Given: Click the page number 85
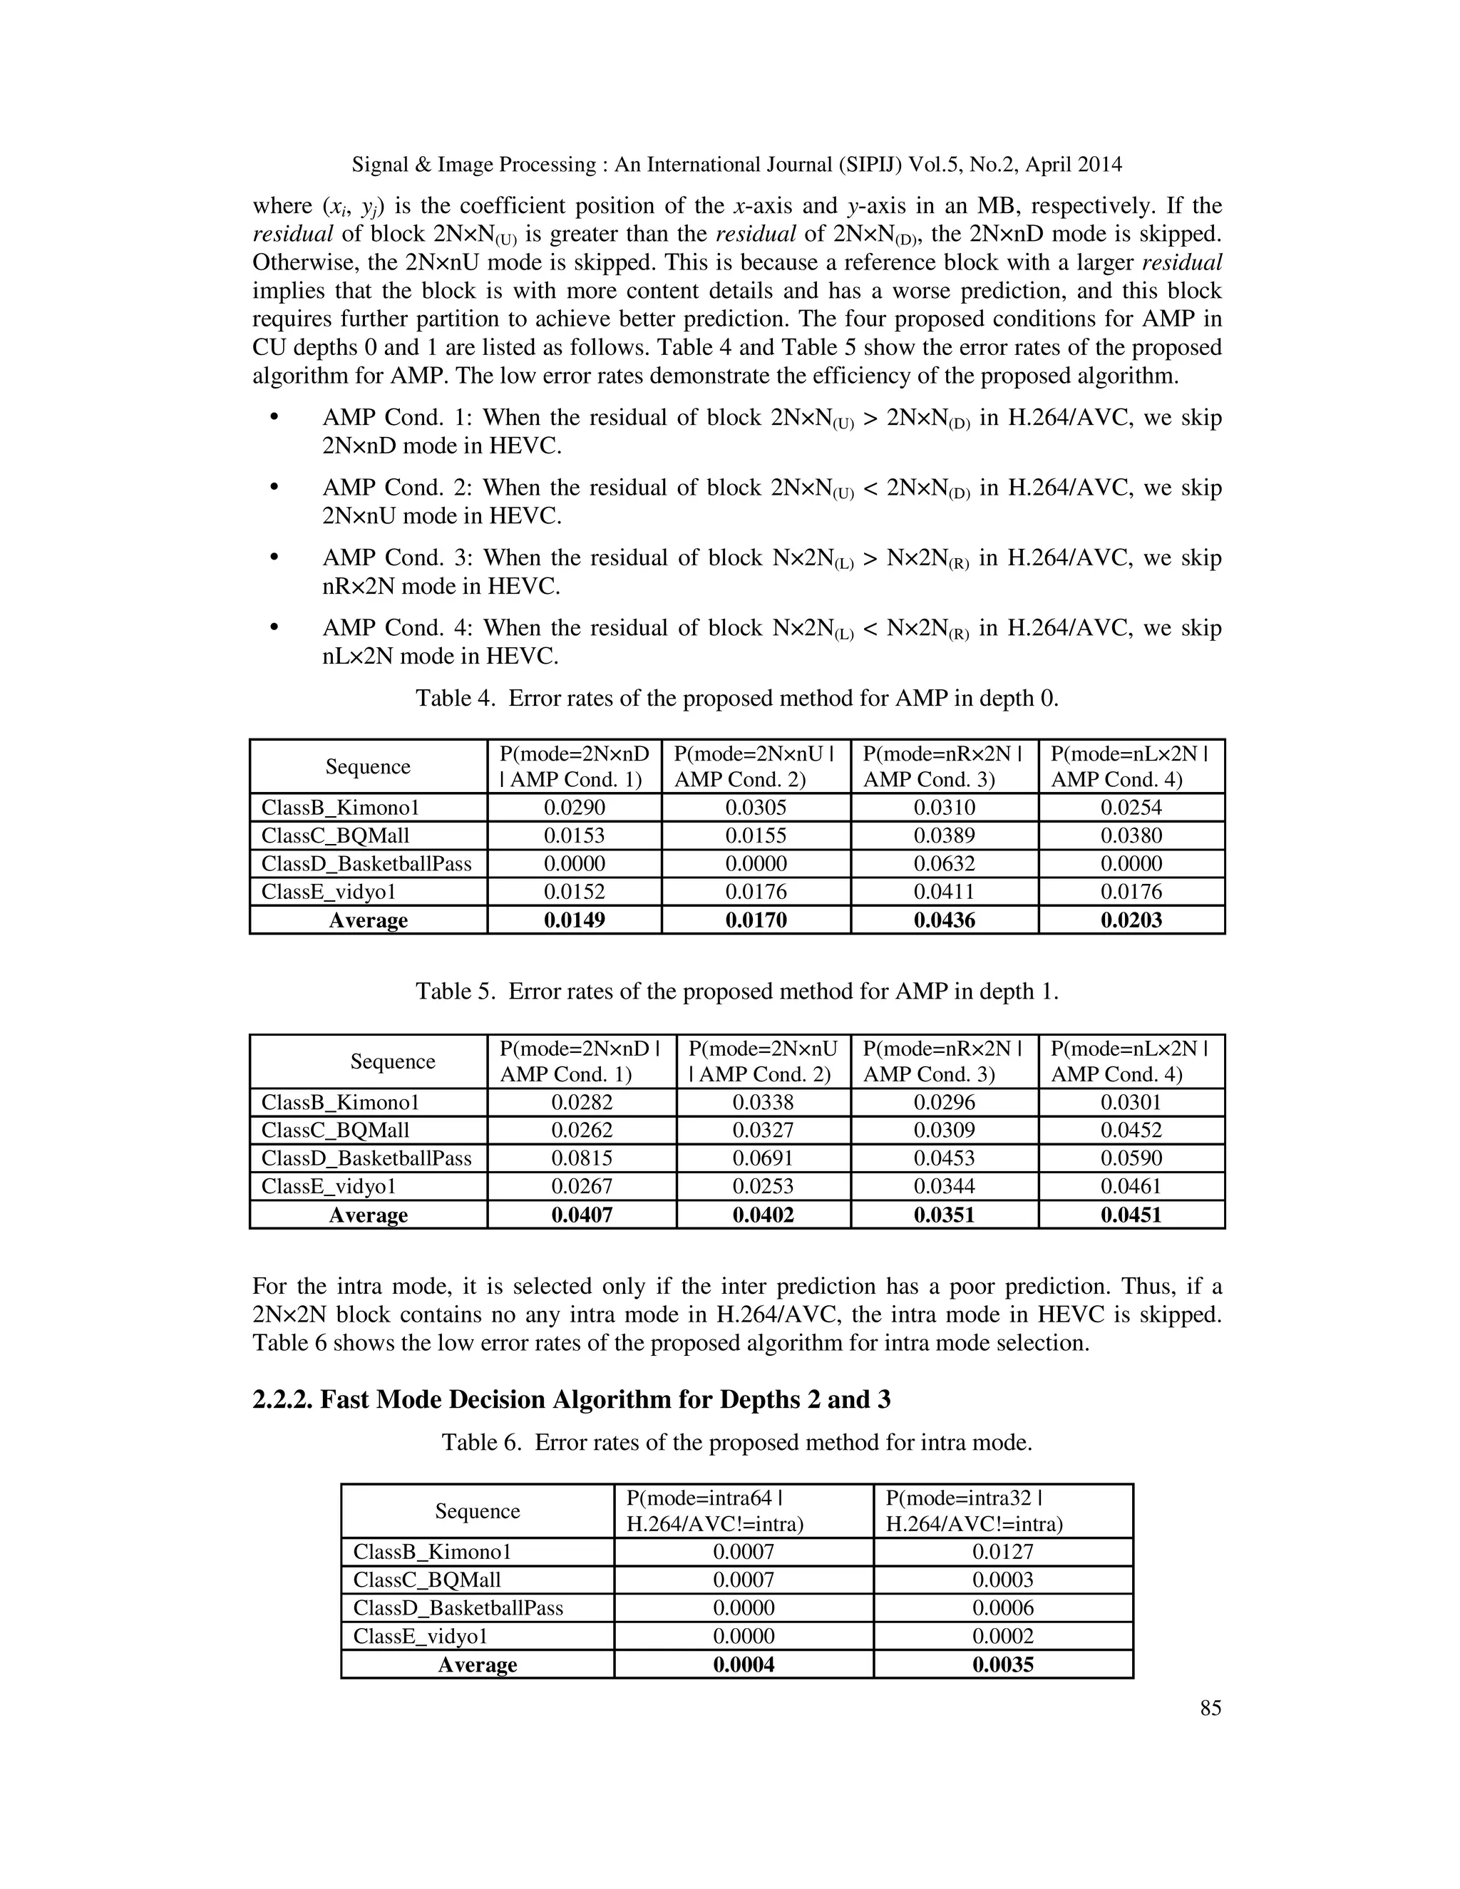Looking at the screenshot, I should click(1210, 1707).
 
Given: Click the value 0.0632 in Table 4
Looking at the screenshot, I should click(944, 863).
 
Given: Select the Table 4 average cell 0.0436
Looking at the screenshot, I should click(944, 920).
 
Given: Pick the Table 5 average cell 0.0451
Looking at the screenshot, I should click(1131, 1215).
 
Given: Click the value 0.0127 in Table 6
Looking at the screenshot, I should click(1002, 1552).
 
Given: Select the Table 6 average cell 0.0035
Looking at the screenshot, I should click(1002, 1664).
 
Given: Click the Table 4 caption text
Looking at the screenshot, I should click(737, 698).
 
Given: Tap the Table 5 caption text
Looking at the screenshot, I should click(737, 992).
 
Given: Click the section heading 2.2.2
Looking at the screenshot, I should click(571, 1399).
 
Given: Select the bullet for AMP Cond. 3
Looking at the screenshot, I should click(274, 558).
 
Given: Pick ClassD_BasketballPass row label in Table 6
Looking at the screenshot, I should click(458, 1608).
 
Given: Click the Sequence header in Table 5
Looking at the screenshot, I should click(392, 1061).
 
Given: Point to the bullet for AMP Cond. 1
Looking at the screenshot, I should click(274, 418).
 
